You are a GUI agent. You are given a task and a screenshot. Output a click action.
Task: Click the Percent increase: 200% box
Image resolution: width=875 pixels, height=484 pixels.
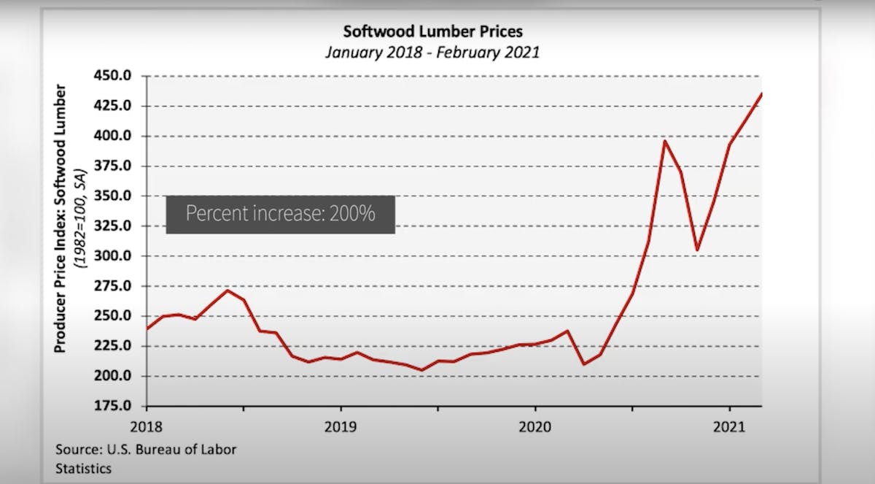pos(281,215)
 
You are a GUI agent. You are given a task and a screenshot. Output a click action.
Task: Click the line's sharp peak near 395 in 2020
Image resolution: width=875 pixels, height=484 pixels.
pos(664,140)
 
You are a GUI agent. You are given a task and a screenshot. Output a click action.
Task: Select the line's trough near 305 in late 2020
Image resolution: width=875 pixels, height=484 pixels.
pos(697,250)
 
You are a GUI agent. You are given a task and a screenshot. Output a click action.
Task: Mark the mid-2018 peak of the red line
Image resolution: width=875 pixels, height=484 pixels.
pos(227,291)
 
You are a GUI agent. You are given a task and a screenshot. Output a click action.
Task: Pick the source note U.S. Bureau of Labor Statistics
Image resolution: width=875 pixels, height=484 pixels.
pos(146,458)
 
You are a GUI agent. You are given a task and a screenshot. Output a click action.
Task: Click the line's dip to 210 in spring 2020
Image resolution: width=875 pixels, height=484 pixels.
pos(584,364)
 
